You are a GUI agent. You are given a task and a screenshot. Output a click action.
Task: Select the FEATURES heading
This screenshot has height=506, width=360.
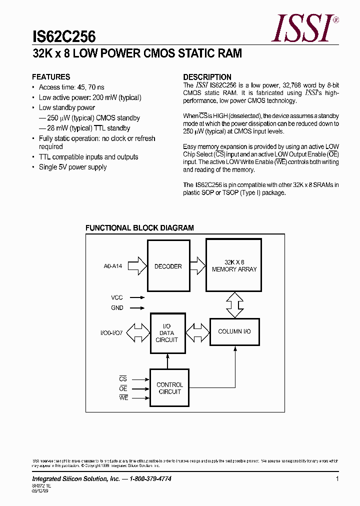51,77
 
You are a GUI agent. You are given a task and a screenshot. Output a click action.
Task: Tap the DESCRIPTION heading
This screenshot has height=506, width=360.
207,77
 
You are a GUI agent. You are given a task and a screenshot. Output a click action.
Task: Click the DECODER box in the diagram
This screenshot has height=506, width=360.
168,266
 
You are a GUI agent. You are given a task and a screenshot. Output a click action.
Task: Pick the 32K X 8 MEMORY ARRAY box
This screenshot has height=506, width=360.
234,266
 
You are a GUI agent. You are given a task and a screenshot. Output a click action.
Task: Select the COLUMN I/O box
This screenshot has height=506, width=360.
234,331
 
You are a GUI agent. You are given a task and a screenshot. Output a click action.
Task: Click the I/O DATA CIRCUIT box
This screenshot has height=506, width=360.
167,333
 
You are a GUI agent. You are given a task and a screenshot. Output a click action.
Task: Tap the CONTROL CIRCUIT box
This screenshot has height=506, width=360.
169,388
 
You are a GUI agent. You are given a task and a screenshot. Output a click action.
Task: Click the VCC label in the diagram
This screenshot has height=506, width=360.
117,297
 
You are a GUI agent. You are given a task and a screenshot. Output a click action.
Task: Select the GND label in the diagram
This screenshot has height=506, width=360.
117,308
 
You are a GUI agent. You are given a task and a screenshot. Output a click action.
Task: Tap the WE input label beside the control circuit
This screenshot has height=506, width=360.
123,397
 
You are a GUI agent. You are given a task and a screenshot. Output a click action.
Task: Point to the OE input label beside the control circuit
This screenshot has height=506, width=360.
123,388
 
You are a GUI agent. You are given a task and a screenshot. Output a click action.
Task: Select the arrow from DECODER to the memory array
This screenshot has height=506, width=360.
198,263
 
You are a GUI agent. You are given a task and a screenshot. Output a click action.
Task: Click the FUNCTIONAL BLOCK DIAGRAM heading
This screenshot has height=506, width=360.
139,228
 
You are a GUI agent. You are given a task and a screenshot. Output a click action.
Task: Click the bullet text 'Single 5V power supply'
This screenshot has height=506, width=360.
72,167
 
